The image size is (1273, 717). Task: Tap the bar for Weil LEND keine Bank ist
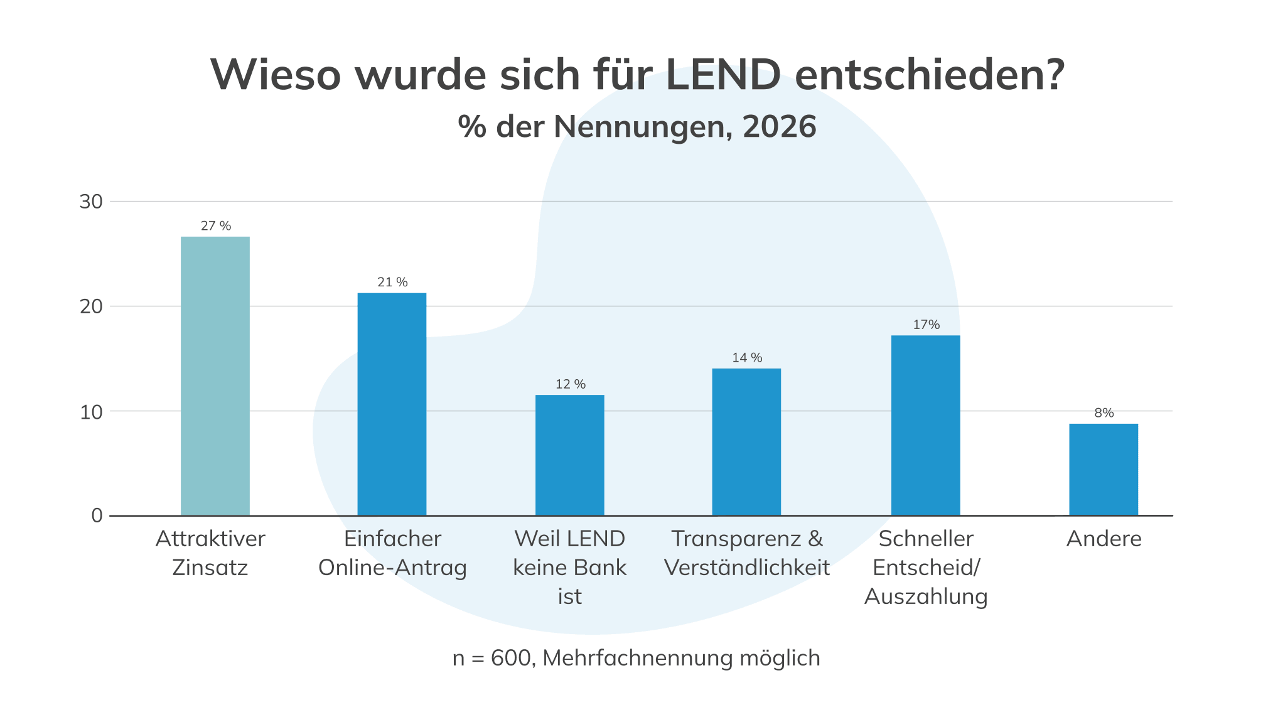coord(569,455)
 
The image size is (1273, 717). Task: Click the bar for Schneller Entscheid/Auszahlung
coord(925,425)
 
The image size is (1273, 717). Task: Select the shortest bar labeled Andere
coord(1104,469)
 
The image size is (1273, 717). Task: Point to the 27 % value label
coord(216,226)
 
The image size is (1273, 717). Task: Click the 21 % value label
coord(392,283)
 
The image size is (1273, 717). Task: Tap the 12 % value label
coord(570,384)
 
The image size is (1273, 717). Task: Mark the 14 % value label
coord(747,358)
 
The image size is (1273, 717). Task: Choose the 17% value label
coord(926,325)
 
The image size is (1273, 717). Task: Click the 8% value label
coord(1104,413)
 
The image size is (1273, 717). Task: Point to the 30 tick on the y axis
coord(91,202)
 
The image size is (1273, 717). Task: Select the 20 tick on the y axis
coord(91,306)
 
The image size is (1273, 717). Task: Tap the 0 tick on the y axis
coord(97,515)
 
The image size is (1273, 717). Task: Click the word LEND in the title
coord(722,75)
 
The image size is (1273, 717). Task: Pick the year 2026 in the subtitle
coord(779,127)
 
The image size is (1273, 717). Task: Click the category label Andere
coord(1104,539)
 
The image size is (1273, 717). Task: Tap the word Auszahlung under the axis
coord(926,596)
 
